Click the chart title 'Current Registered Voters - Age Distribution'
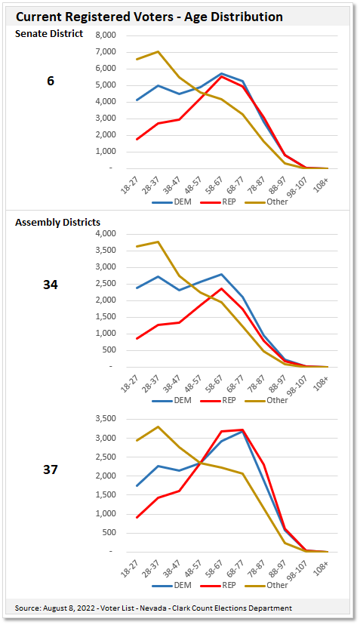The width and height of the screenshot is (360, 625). coord(149,17)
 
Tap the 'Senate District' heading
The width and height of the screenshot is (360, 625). coord(49,34)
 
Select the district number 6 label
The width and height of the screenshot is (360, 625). coord(51,81)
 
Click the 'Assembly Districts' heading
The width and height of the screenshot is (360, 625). coord(57,222)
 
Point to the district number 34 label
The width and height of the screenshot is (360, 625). coord(51,285)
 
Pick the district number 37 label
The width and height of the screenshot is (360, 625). coord(51,469)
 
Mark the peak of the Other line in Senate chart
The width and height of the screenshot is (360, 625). coord(158,52)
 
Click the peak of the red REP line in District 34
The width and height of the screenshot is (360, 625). coord(222,288)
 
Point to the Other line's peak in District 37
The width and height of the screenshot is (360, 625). coord(158,427)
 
